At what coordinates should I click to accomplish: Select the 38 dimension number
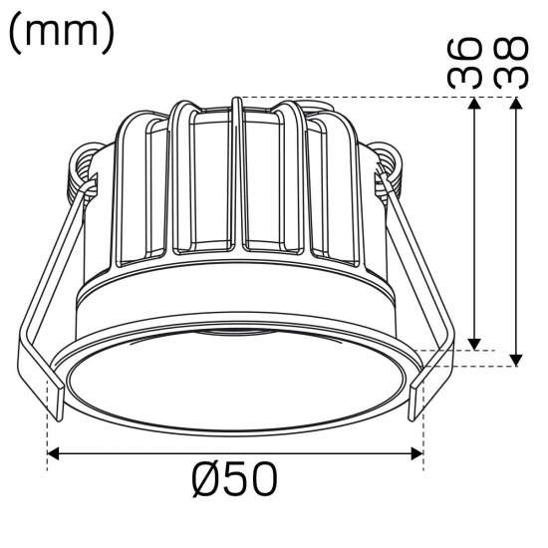pyautogui.click(x=509, y=64)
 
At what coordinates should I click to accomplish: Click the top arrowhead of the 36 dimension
pyautogui.click(x=476, y=105)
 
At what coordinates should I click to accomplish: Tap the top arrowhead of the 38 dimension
pyautogui.click(x=515, y=105)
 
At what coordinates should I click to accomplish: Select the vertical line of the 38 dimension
pyautogui.click(x=515, y=229)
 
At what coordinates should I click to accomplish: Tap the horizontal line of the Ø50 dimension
pyautogui.click(x=235, y=454)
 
